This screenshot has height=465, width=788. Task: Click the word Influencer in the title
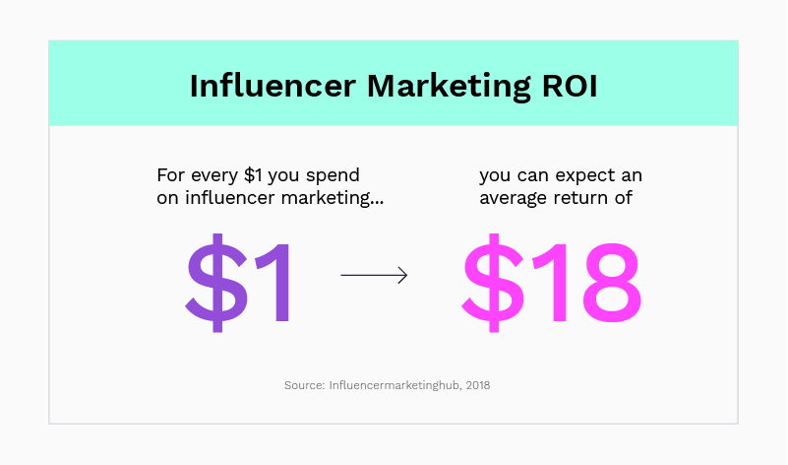[x=273, y=86]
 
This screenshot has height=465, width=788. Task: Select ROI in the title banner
[x=570, y=86]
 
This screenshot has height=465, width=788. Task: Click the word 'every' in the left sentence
[x=214, y=176]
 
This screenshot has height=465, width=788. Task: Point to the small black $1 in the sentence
[x=253, y=175]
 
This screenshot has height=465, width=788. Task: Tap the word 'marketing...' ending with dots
[x=333, y=198]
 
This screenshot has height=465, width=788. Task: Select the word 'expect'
[x=585, y=176]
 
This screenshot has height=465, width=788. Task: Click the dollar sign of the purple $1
[x=217, y=283]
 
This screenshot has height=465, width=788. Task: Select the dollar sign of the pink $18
[x=494, y=283]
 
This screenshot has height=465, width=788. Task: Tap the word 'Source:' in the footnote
[x=305, y=385]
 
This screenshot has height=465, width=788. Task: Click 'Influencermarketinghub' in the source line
[x=395, y=385]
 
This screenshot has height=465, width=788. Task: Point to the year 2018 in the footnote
[x=478, y=385]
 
